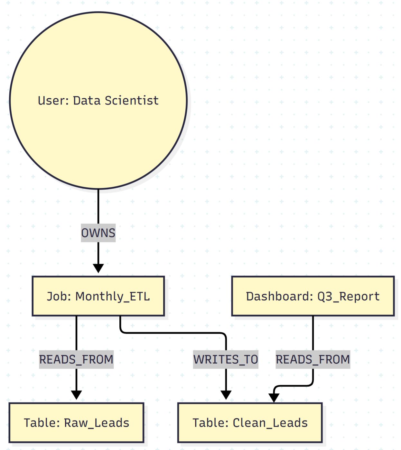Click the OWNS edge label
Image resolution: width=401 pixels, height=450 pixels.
click(x=98, y=233)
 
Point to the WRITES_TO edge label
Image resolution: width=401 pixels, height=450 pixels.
click(x=226, y=359)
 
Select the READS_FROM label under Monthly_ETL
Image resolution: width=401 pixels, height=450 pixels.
click(x=76, y=359)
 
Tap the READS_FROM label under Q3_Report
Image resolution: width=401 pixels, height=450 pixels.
click(x=313, y=359)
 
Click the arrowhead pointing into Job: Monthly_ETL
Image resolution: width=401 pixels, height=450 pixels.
click(x=98, y=268)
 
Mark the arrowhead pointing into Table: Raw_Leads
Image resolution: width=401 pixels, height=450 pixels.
click(x=76, y=395)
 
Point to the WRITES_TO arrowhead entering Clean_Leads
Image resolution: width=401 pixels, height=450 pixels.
click(x=226, y=395)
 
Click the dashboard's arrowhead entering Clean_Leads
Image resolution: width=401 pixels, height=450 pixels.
click(x=274, y=398)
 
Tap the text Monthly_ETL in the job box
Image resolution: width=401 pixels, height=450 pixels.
click(x=113, y=296)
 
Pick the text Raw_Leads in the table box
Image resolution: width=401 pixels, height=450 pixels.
click(x=97, y=423)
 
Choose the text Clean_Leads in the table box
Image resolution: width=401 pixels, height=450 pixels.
click(x=270, y=423)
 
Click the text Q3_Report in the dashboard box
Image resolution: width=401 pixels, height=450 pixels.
click(x=349, y=296)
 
